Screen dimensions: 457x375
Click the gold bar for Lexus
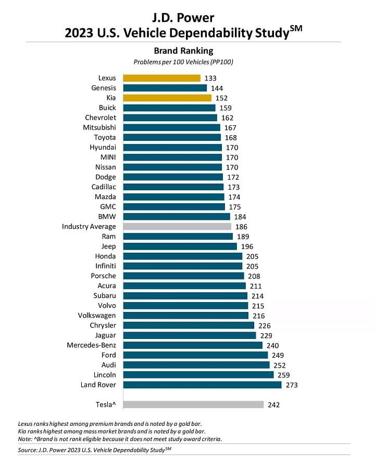click(161, 78)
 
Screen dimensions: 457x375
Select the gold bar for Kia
click(167, 98)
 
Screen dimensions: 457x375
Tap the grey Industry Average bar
click(177, 227)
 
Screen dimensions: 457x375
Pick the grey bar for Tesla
click(193, 404)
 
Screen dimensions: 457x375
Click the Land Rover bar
click(202, 385)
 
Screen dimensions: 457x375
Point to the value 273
click(291, 385)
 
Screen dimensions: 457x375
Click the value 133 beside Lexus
click(210, 79)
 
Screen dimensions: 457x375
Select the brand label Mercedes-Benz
click(92, 345)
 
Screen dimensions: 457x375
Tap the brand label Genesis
click(104, 88)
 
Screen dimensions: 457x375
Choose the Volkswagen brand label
click(97, 316)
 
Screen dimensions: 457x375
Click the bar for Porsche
click(183, 276)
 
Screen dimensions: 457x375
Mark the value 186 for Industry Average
click(241, 227)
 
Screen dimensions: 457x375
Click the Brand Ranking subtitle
click(183, 51)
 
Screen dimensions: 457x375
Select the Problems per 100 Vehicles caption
click(183, 62)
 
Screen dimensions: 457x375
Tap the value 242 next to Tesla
click(273, 405)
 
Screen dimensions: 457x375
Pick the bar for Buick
click(169, 108)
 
